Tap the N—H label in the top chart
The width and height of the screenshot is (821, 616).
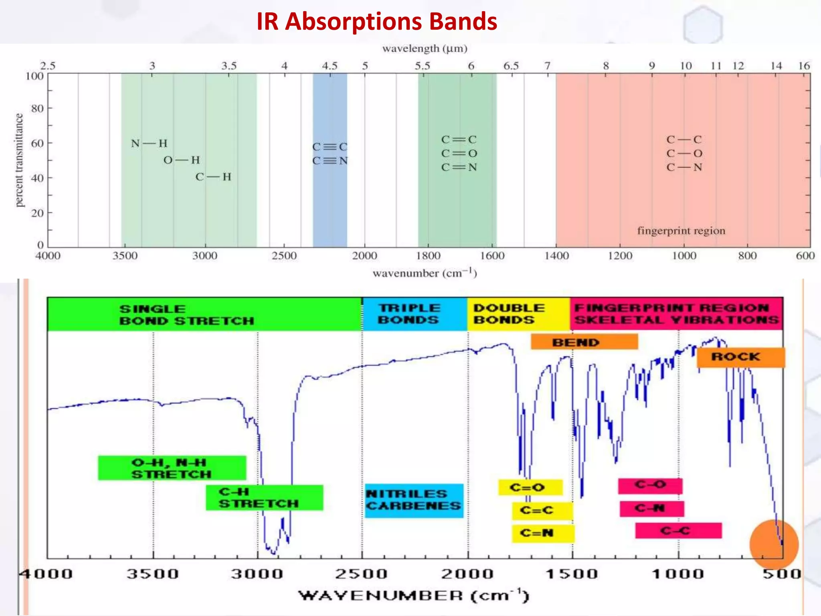[149, 143]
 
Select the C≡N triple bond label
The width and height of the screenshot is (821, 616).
[330, 161]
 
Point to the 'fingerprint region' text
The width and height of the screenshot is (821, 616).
[681, 231]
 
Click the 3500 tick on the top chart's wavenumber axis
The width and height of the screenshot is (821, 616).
[125, 256]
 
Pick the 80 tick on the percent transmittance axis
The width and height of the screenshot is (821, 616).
[37, 108]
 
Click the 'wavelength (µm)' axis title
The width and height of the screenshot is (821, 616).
[425, 49]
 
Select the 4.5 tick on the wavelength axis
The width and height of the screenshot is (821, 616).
[330, 66]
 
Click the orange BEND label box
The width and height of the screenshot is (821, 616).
[584, 342]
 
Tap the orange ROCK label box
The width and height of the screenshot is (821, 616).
[740, 357]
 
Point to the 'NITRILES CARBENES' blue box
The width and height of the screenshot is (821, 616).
[414, 500]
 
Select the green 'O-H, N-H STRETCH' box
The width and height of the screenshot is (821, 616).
[172, 468]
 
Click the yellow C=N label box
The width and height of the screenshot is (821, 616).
[543, 533]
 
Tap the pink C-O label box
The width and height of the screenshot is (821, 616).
[650, 486]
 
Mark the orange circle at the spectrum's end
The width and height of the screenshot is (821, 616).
[774, 544]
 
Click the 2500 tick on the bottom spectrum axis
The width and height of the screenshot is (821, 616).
[362, 573]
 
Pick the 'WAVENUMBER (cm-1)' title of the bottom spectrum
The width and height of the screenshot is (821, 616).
[414, 596]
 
